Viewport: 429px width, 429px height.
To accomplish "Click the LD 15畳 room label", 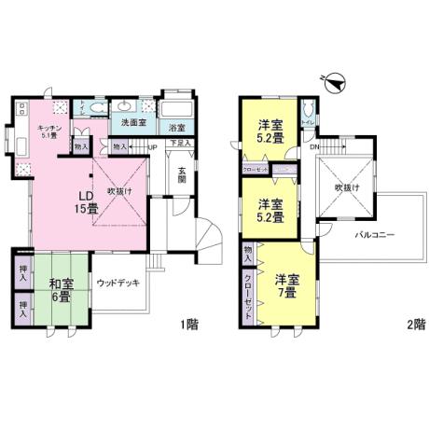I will (x=84, y=201).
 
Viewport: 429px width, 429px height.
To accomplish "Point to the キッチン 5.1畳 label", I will (x=48, y=132).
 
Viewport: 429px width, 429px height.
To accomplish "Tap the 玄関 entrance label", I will (x=184, y=173).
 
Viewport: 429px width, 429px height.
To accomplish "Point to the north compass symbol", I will (x=334, y=82).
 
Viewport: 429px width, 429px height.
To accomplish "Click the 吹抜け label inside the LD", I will (x=118, y=190).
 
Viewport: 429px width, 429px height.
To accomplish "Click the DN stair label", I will (x=316, y=146).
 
